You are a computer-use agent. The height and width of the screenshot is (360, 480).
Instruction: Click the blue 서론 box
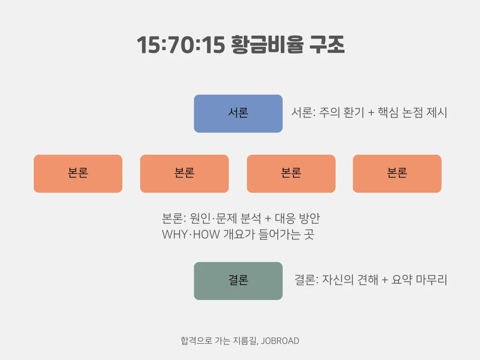click(x=238, y=113)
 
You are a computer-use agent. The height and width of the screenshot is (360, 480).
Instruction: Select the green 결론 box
click(x=238, y=281)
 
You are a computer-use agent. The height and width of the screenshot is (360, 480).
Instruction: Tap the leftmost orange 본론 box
click(x=78, y=173)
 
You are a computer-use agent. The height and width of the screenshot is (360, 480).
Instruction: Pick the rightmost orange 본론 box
click(x=397, y=173)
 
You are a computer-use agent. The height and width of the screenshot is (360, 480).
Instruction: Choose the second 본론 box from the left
click(x=184, y=173)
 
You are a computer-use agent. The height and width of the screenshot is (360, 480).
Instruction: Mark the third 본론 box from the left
click(x=291, y=173)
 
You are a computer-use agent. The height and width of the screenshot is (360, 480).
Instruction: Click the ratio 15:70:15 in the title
click(x=180, y=46)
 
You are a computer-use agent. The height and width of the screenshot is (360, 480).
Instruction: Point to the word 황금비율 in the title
click(x=267, y=46)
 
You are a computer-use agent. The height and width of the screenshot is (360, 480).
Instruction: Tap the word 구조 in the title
click(x=327, y=46)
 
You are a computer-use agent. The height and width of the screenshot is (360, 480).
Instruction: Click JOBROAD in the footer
click(x=280, y=341)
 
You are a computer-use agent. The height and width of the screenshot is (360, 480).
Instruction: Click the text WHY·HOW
click(x=191, y=234)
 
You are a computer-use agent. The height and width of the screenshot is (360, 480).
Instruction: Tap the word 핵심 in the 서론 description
click(x=389, y=113)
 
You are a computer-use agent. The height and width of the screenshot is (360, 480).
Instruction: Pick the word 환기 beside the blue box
click(x=352, y=113)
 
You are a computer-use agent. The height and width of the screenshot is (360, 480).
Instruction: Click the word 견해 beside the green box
click(x=367, y=280)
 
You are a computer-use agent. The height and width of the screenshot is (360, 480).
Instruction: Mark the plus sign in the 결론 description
click(x=385, y=280)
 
